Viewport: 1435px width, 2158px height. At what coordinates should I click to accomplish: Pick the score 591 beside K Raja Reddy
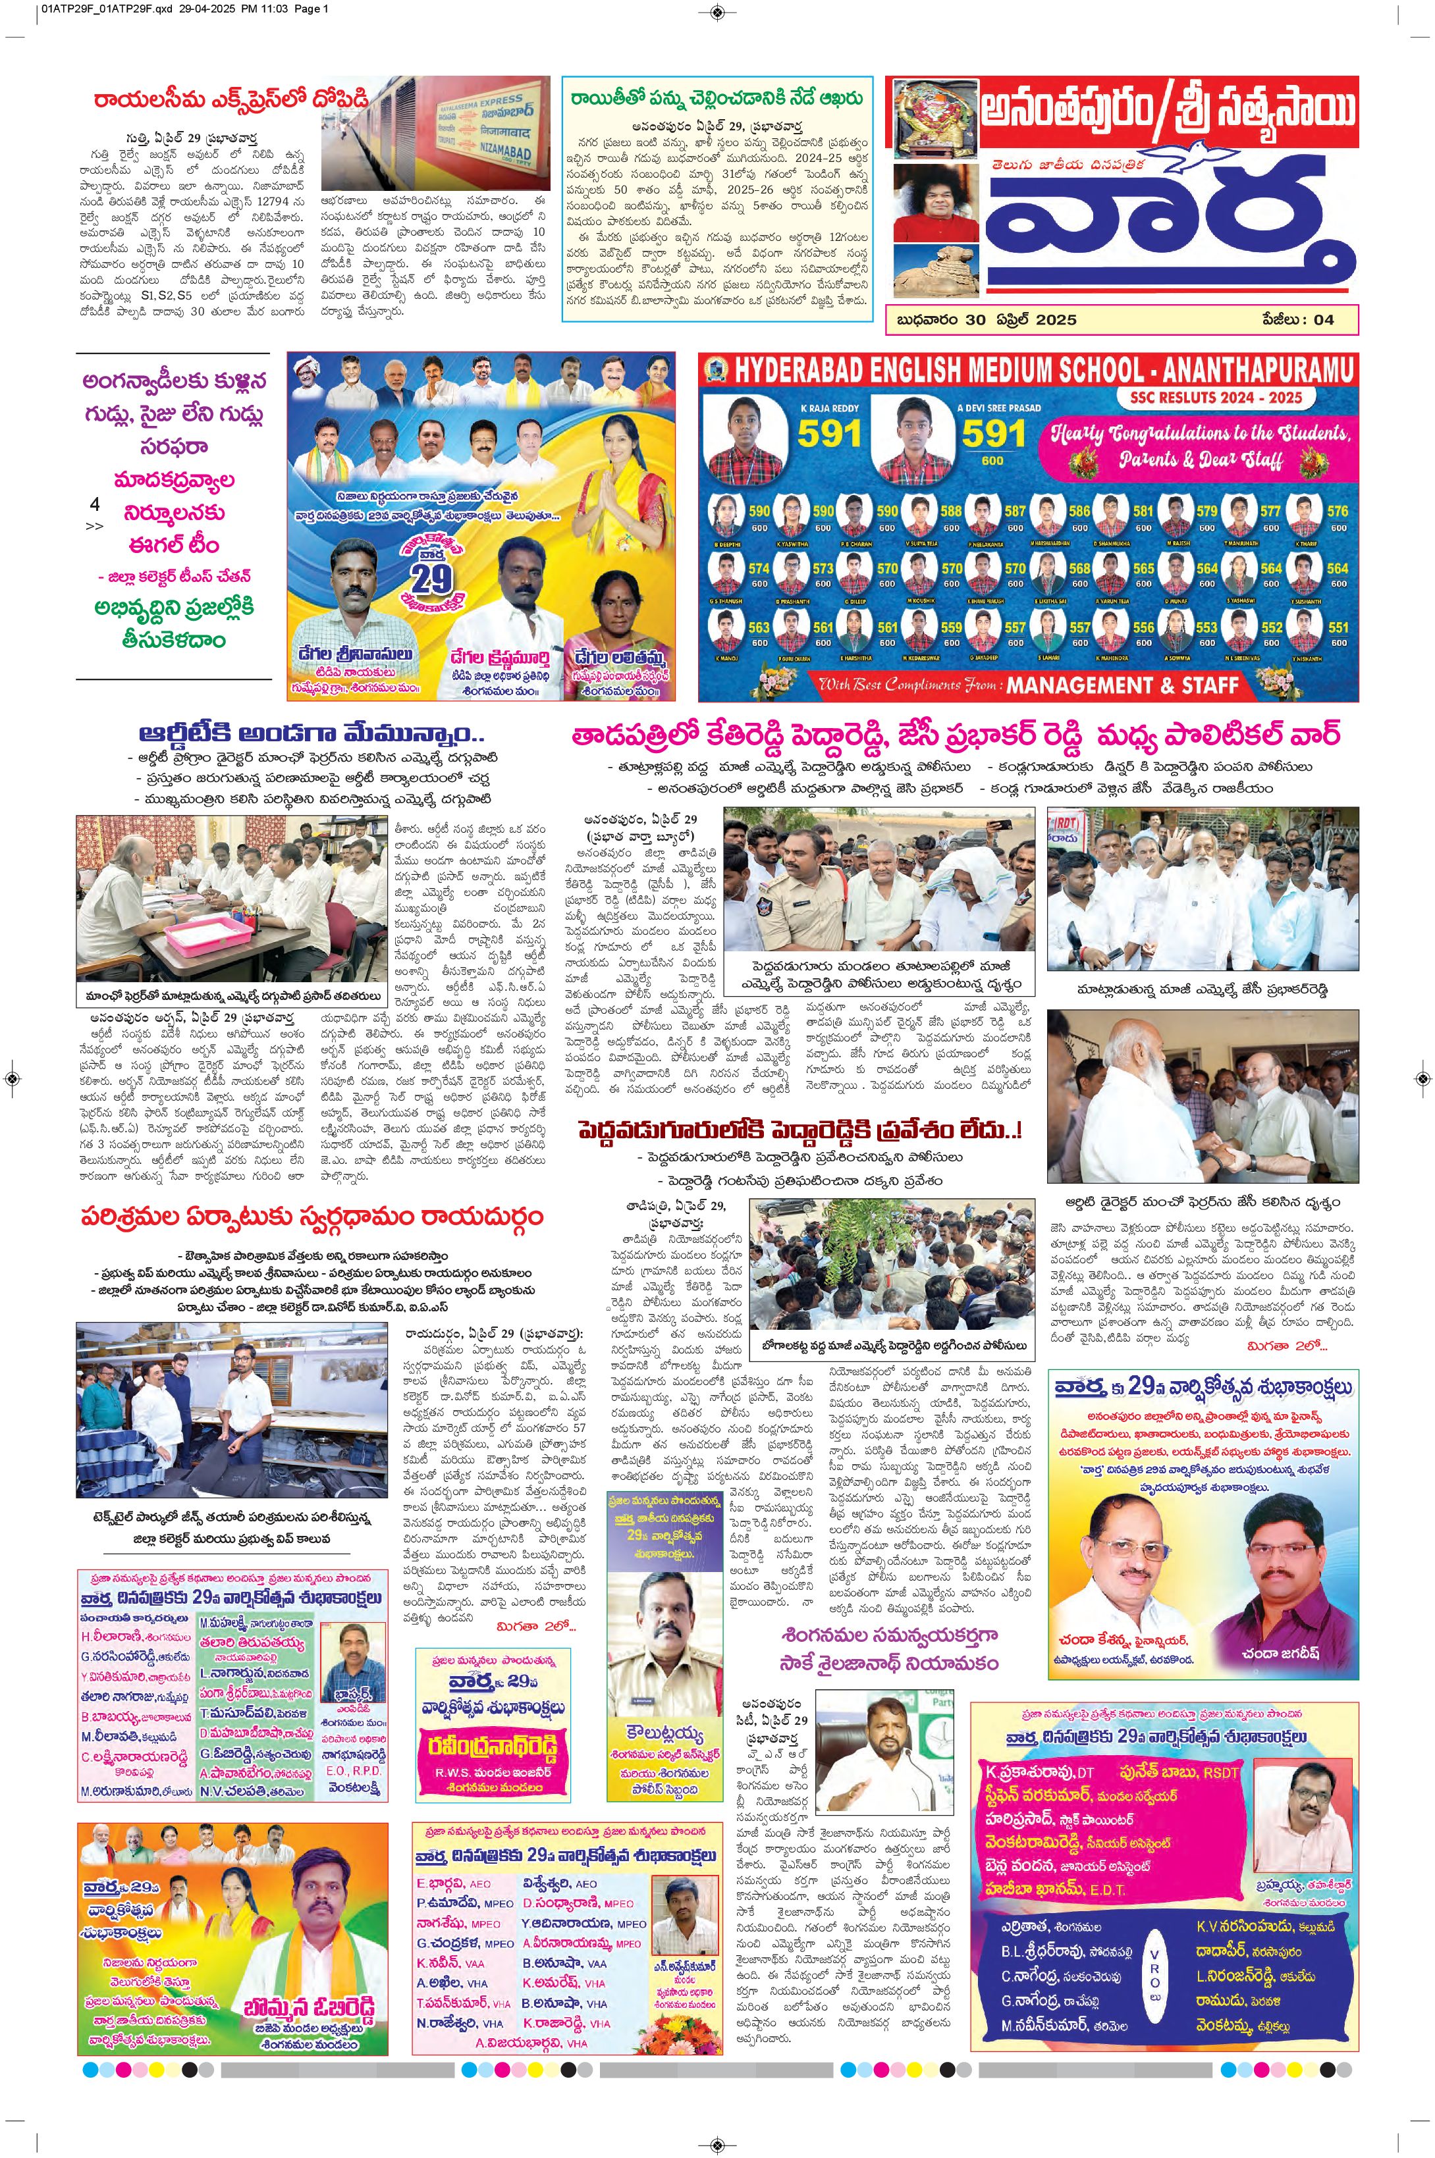pos(828,433)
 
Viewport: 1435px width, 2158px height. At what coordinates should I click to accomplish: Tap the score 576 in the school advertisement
pos(1337,512)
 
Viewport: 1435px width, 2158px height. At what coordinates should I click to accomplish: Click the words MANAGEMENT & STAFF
pos(1123,685)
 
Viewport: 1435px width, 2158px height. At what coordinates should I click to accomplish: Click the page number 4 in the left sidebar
pos(94,504)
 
